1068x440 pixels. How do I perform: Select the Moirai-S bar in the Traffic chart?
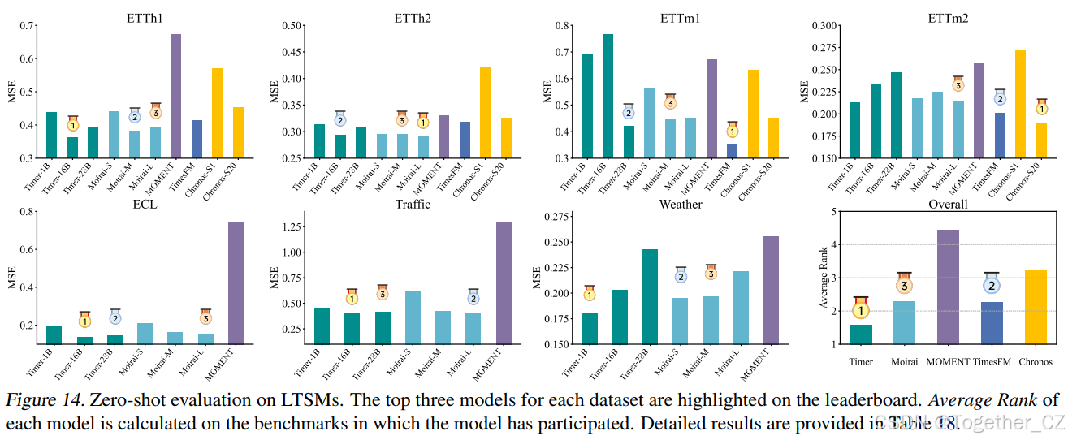413,317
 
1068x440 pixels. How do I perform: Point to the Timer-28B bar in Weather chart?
650,296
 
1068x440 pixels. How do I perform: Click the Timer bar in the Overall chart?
861,334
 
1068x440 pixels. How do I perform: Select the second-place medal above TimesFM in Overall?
992,285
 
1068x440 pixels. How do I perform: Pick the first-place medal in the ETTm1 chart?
733,131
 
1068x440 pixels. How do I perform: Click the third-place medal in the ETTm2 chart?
958,85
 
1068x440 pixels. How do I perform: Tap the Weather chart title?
681,205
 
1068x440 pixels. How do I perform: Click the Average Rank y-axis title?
824,278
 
